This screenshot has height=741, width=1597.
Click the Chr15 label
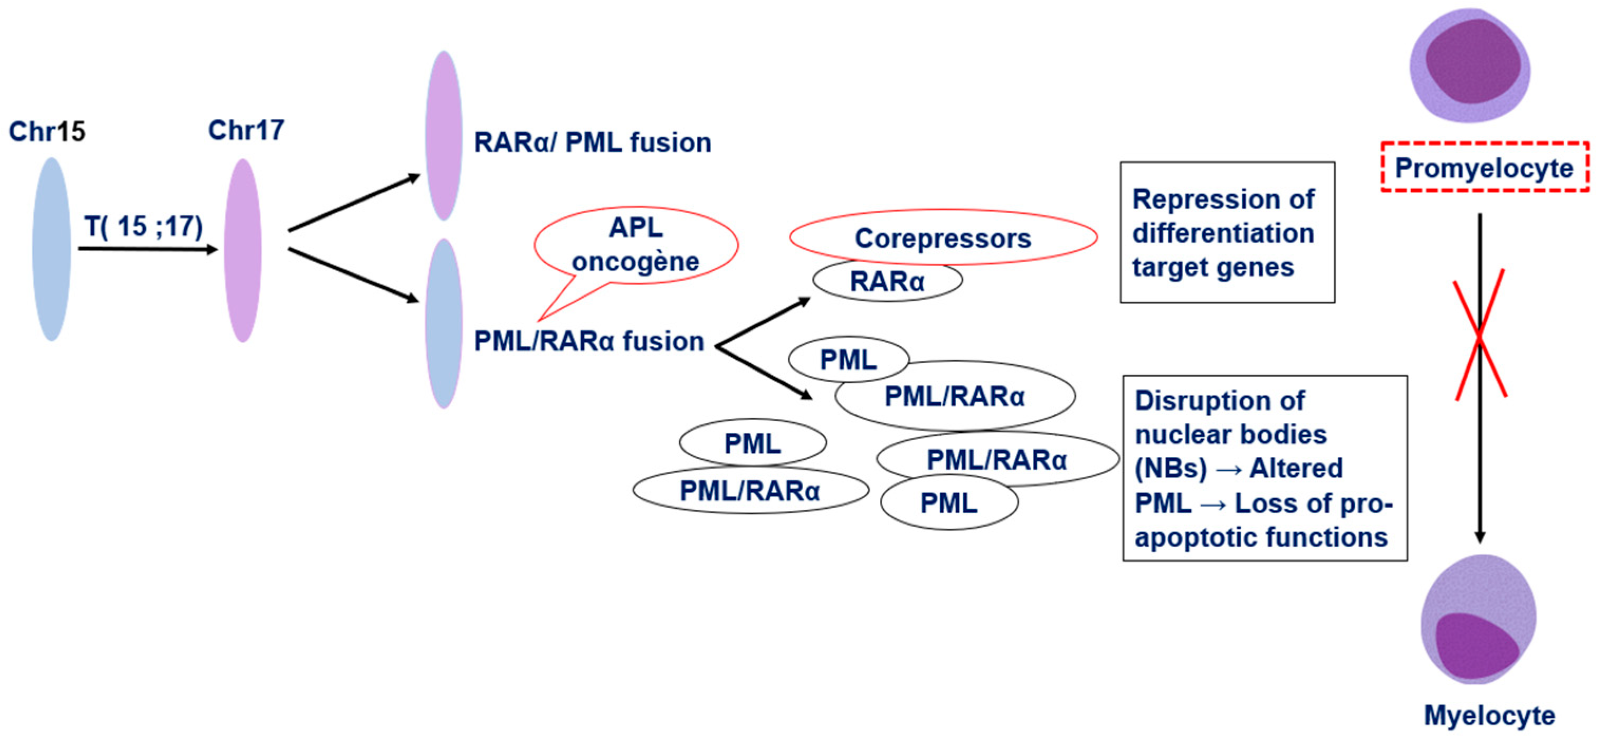pos(47,131)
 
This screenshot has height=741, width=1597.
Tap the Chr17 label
pos(246,130)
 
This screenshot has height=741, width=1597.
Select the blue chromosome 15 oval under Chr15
pos(51,249)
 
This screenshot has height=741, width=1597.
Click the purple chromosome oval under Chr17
pos(242,250)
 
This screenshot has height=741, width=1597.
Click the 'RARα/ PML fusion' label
pos(592,142)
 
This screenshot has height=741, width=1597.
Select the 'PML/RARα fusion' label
pos(589,341)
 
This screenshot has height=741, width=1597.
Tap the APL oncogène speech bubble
pos(636,245)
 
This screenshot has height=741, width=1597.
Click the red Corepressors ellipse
pos(943,238)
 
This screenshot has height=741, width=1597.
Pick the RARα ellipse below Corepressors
pos(887,281)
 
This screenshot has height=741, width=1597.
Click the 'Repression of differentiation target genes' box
pos(1227,233)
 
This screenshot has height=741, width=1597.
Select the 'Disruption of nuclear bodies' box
pos(1265,468)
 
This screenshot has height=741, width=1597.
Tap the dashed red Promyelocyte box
pos(1484,168)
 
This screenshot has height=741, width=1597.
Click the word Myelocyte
pos(1489,715)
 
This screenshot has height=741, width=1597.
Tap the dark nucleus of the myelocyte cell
pos(1474,648)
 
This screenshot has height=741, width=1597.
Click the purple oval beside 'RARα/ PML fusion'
pos(444,135)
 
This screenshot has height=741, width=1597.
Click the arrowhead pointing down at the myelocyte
pos(1480,536)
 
